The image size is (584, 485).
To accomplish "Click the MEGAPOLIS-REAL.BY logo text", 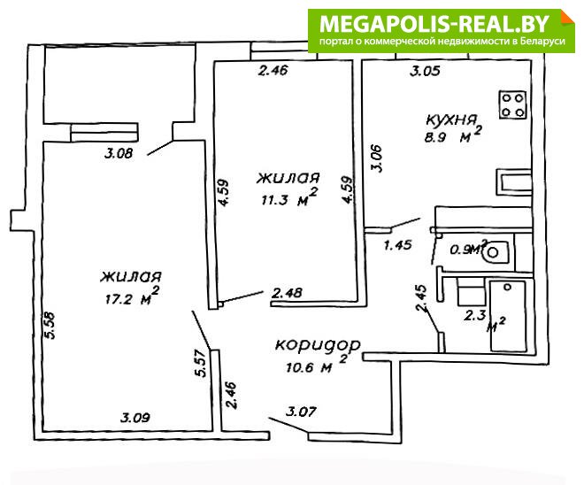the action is tap(434, 24).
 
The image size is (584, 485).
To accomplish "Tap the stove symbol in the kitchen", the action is tap(513, 104).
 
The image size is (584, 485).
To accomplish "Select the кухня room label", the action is tap(451, 120).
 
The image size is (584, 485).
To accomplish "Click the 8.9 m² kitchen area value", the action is tap(452, 135).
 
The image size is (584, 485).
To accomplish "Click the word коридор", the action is tap(318, 344).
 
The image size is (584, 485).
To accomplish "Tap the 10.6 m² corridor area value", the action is tap(317, 365).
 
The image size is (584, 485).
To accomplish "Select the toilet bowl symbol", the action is tap(495, 252).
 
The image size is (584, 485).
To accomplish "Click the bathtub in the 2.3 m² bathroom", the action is tap(508, 316).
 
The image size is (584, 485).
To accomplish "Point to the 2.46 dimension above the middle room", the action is tap(273, 70).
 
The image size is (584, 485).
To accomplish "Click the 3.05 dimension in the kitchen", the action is tap(425, 71).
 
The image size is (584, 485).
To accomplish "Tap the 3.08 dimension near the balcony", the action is tap(118, 153).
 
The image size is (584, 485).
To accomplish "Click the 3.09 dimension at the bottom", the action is tap(135, 417).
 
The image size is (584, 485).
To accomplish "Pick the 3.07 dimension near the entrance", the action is tap(301, 412).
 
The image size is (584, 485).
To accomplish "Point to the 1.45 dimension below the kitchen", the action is tap(398, 245).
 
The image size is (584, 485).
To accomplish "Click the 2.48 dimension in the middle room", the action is tap(287, 293).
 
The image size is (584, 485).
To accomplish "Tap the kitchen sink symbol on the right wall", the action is tap(513, 182).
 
